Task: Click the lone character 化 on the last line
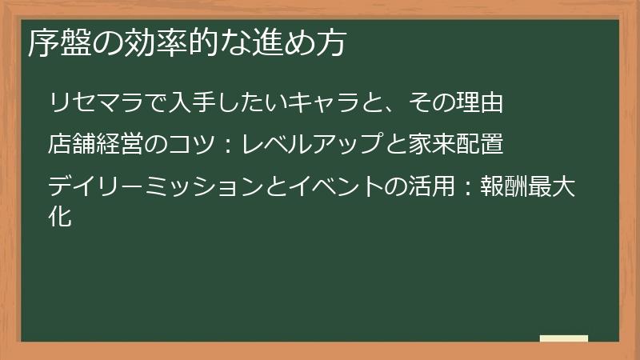tap(61, 216)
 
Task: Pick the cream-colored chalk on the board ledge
tap(563, 338)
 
